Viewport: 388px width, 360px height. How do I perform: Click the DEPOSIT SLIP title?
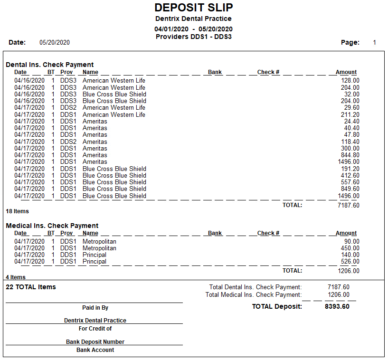click(x=194, y=8)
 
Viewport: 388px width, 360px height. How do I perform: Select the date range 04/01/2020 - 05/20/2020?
click(x=193, y=29)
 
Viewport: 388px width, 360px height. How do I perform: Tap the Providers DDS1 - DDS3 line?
click(x=193, y=37)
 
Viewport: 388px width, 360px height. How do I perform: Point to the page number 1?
click(x=374, y=42)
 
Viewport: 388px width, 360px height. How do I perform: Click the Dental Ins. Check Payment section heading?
click(x=50, y=65)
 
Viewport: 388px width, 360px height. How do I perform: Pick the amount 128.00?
click(x=350, y=81)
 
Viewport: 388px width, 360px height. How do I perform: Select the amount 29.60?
click(x=352, y=108)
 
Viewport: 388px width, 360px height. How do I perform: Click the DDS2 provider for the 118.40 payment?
click(x=68, y=142)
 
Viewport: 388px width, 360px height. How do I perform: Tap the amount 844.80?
click(x=350, y=155)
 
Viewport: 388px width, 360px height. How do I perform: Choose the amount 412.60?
click(x=350, y=175)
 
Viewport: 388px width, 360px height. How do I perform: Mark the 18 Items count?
click(x=17, y=211)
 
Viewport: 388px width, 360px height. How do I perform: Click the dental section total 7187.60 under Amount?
click(x=348, y=205)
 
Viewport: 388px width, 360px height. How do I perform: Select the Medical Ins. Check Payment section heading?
click(x=52, y=226)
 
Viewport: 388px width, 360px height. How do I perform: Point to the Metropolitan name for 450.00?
click(x=99, y=248)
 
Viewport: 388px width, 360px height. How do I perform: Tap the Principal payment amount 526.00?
click(x=350, y=262)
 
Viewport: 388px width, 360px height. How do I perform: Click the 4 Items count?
click(x=16, y=277)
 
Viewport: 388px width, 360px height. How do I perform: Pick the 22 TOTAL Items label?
click(x=31, y=287)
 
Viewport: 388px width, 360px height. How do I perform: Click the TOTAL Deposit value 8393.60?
click(x=337, y=306)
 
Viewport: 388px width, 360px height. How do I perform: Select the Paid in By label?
click(x=95, y=308)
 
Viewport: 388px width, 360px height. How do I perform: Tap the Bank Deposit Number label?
click(x=95, y=342)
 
